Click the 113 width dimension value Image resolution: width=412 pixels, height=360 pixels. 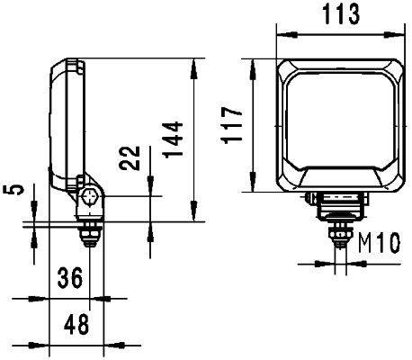click(x=339, y=15)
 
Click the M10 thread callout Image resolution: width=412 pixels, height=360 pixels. click(x=379, y=242)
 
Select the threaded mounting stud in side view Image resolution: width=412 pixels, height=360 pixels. click(x=90, y=234)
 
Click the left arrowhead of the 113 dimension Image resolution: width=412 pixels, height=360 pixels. click(x=279, y=34)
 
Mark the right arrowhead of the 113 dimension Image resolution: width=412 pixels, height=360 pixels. click(x=400, y=34)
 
